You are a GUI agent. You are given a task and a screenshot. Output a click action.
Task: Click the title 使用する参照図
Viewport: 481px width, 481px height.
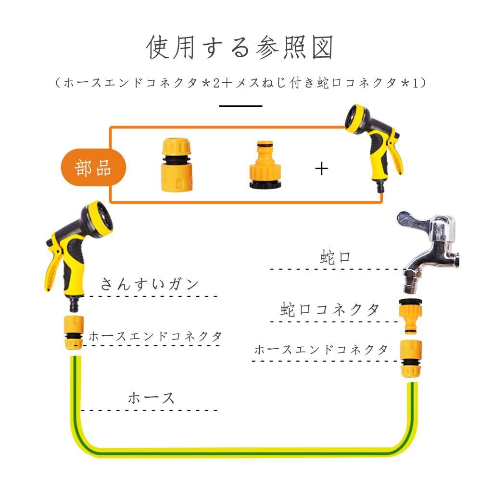point(240,47)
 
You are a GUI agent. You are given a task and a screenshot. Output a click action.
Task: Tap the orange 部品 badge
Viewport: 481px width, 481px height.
point(93,169)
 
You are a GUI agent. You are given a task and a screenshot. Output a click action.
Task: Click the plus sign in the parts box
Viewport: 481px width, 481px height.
point(321,168)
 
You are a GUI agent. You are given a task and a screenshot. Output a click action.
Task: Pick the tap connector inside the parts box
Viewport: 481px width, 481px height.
point(264,165)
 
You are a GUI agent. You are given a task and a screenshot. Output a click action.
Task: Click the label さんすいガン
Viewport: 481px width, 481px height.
point(150,284)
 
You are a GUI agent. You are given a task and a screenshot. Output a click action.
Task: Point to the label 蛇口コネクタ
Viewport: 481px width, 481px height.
point(330,309)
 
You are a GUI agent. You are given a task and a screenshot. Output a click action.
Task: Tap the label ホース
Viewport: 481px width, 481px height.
point(151,398)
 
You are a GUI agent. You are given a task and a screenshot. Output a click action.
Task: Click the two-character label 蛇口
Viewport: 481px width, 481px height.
point(335,257)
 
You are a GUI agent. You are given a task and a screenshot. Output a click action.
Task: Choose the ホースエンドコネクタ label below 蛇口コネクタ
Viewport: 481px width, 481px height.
point(321,350)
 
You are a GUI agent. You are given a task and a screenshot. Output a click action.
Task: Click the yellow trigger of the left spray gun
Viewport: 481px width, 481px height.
point(52,269)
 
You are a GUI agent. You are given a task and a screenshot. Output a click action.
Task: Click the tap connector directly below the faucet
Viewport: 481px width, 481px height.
point(410,316)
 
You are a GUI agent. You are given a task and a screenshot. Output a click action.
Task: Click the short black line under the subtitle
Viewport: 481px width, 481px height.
point(240,106)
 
